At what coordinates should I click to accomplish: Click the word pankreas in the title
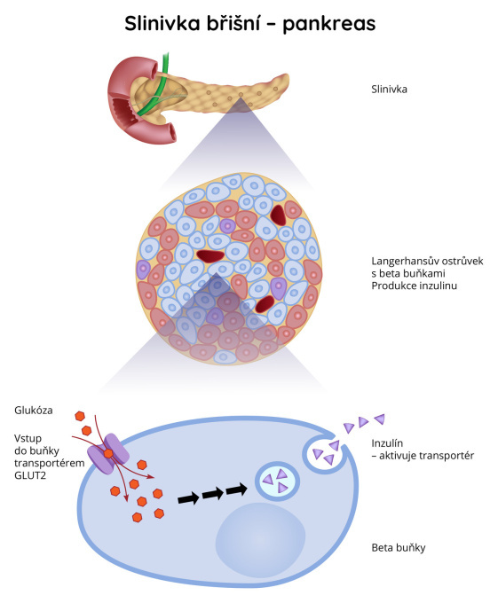tap(329, 24)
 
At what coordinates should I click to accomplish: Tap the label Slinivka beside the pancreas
tap(389, 90)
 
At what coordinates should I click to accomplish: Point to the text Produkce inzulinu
tap(414, 286)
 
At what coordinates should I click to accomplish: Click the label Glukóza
tap(34, 411)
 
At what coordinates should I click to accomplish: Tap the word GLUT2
tap(30, 475)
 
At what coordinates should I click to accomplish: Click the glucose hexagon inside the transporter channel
tap(108, 454)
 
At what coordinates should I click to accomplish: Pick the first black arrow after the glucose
tap(188, 498)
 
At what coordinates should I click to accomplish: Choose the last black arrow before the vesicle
tap(237, 489)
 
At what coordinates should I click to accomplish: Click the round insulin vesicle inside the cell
tap(278, 481)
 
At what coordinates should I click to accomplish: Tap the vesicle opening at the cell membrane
tap(327, 451)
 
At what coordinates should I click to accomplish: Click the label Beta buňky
tap(399, 548)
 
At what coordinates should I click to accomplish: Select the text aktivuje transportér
tap(426, 456)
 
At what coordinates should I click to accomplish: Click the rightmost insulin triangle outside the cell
tap(380, 419)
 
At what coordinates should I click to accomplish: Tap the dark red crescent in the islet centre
tap(210, 255)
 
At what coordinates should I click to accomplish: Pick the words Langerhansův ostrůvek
tap(427, 261)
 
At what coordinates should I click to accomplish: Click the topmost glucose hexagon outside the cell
tap(80, 416)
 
